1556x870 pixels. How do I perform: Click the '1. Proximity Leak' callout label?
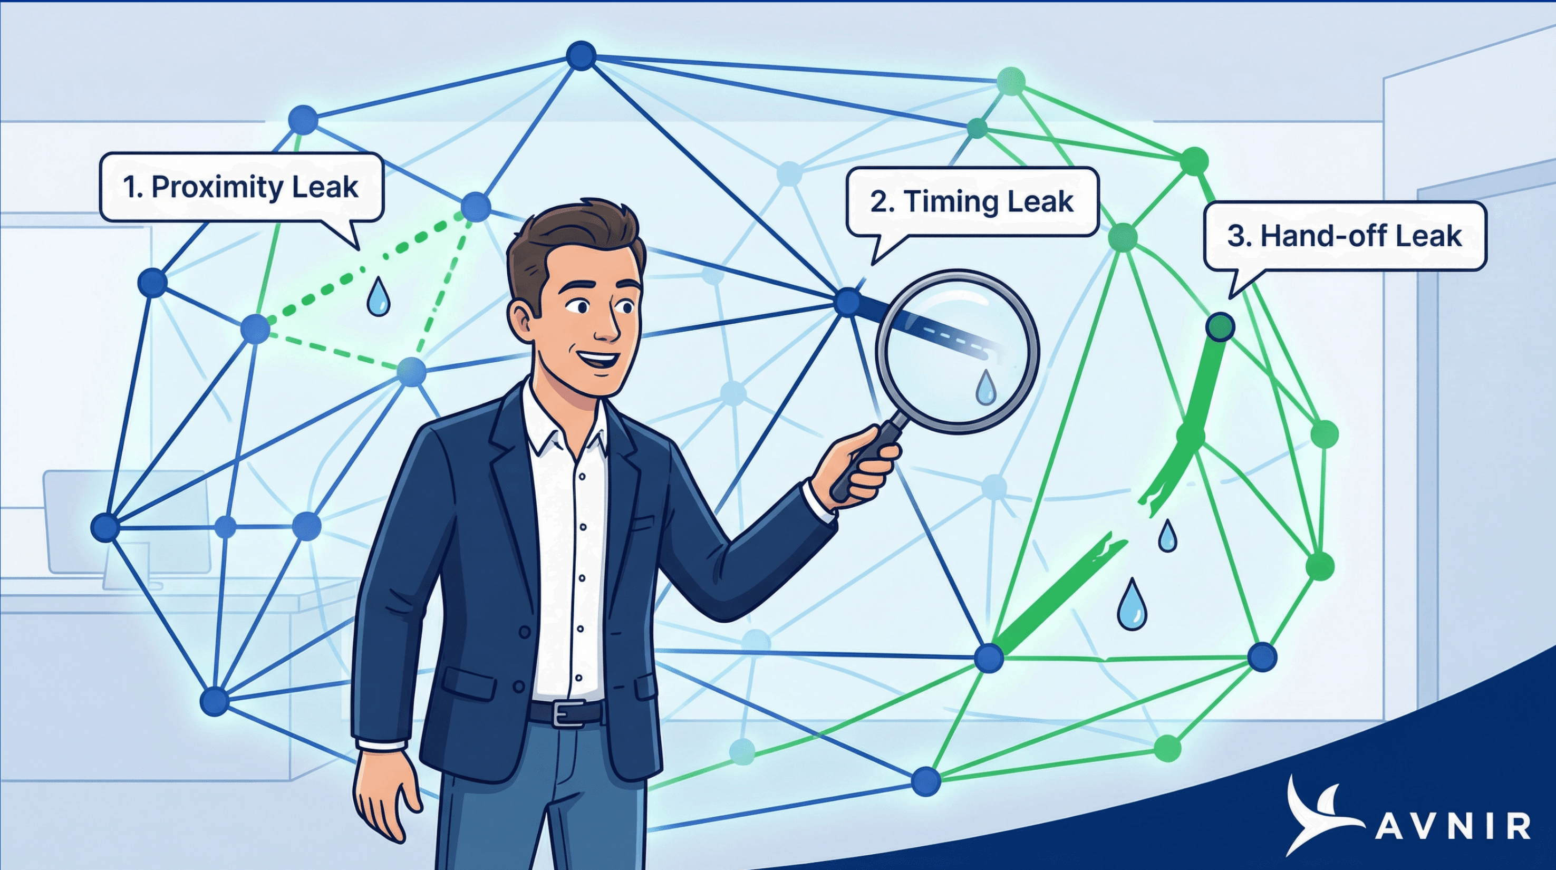coord(241,187)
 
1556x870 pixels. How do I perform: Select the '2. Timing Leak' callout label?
coord(972,201)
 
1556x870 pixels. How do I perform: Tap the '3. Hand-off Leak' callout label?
coord(1345,236)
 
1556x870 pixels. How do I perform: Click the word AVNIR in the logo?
coord(1453,826)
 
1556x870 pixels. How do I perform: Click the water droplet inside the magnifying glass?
coord(986,386)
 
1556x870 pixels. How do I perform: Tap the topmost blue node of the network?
coord(581,55)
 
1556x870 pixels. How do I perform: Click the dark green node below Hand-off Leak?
coord(1220,327)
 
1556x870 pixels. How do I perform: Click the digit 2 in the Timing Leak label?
coord(879,202)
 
